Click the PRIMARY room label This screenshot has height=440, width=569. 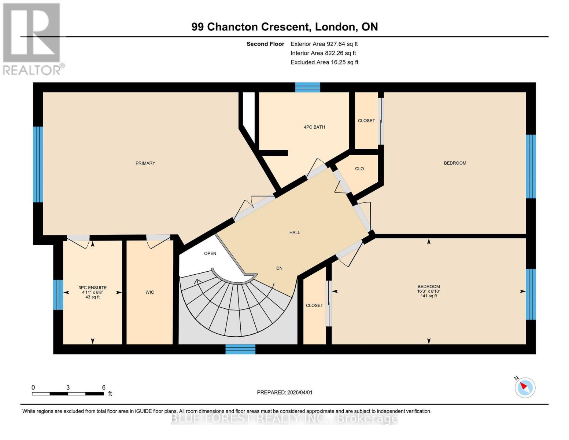pos(145,163)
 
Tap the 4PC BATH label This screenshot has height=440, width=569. pos(314,127)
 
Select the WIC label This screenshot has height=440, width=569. pos(149,292)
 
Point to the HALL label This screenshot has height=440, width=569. pos(295,232)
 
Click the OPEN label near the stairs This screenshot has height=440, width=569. pos(210,253)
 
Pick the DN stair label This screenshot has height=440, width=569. pos(279,268)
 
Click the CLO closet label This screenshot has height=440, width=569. pos(359,169)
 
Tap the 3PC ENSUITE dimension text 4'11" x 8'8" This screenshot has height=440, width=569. pos(92,292)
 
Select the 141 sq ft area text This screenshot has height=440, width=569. pos(429,296)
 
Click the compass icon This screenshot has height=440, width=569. pos(525,388)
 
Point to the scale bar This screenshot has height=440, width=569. pos(68,393)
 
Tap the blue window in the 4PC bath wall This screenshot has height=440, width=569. pos(307,87)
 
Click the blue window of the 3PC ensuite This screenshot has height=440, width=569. pos(58,295)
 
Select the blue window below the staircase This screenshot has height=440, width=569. pos(240,349)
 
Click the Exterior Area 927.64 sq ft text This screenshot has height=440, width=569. pos(324,44)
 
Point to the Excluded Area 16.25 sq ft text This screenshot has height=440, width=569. pos(324,62)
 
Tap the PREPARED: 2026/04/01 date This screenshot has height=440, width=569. pos(285,392)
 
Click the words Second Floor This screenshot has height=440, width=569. pos(265,44)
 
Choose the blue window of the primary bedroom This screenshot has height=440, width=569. pos(38,165)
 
